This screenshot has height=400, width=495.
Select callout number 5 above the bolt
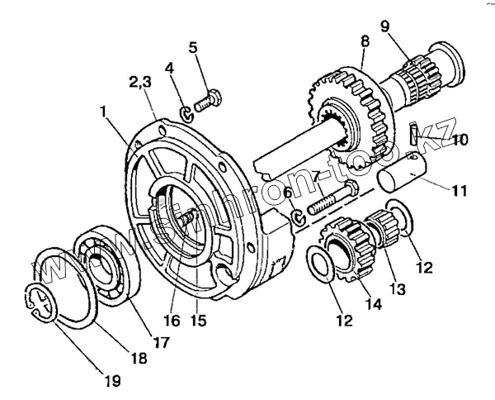194,48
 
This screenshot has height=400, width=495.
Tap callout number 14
375,303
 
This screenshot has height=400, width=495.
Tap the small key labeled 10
416,135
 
